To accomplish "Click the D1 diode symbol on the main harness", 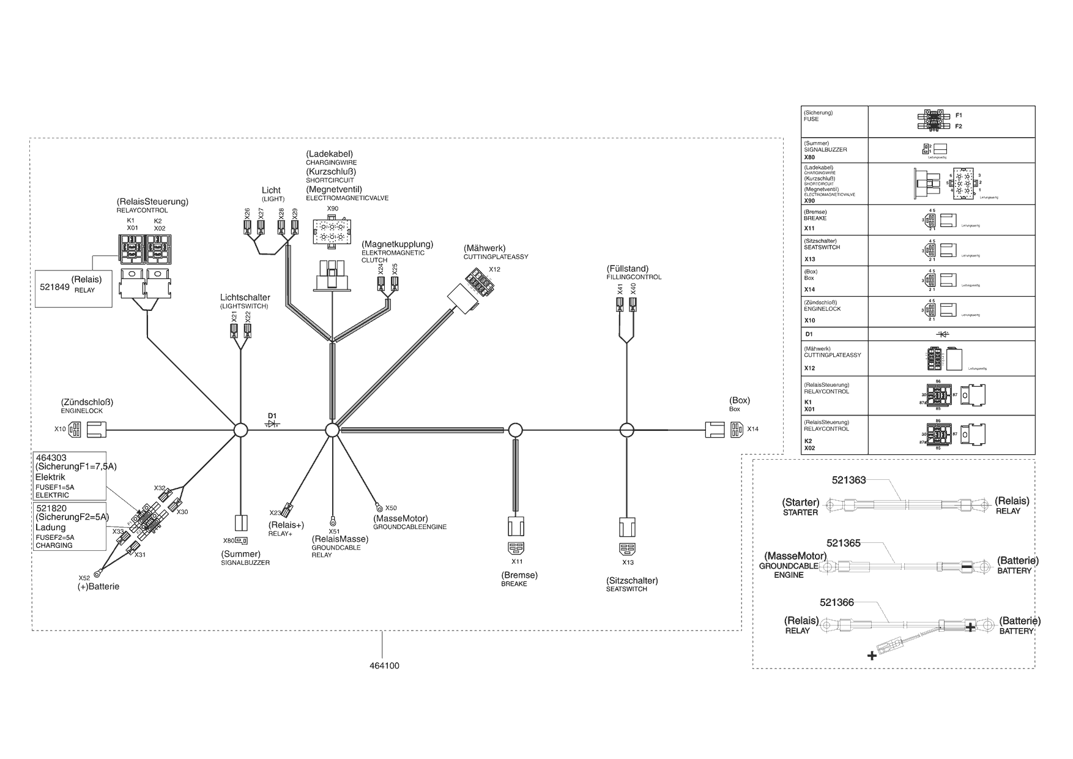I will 272,424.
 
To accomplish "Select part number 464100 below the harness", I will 384,665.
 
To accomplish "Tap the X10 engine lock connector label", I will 59,429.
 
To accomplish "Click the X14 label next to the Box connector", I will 752,429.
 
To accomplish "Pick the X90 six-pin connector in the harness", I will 332,233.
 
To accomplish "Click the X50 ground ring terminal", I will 379,507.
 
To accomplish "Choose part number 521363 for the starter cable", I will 848,480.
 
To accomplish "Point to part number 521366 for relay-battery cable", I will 836,603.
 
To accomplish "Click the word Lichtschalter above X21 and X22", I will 245,297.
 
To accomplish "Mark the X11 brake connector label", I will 517,561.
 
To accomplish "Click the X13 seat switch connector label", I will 628,563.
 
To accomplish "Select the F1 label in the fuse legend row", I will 959,115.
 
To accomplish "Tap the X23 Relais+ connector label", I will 275,512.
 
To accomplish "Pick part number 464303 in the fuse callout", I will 51,458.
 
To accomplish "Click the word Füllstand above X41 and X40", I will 628,269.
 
